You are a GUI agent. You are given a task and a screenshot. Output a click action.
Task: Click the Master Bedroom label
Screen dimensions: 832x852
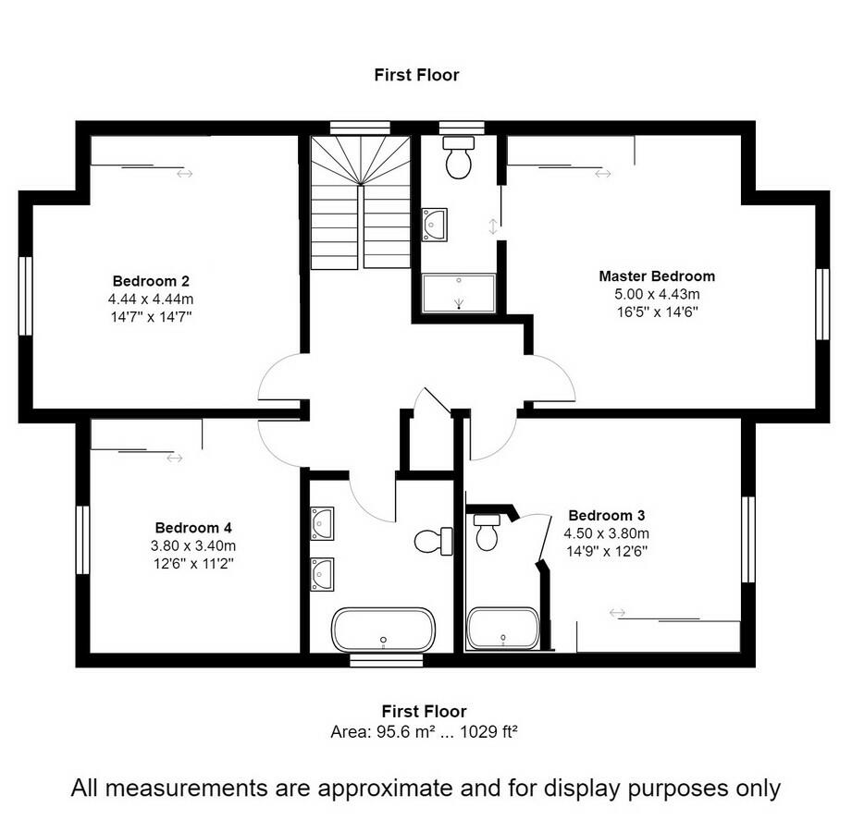pyautogui.click(x=656, y=275)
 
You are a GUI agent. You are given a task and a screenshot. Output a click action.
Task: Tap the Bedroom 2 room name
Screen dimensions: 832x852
pyautogui.click(x=151, y=280)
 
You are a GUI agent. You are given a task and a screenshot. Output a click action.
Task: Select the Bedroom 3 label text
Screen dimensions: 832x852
pyautogui.click(x=606, y=515)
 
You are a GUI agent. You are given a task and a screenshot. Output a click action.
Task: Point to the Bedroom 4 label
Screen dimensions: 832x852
pyautogui.click(x=193, y=527)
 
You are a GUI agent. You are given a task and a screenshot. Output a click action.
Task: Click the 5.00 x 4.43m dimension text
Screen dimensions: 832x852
pyautogui.click(x=656, y=294)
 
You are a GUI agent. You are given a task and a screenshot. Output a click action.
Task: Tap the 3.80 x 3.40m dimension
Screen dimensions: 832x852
pyautogui.click(x=193, y=544)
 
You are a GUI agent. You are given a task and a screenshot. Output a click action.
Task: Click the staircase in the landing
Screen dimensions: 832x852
pyautogui.click(x=360, y=203)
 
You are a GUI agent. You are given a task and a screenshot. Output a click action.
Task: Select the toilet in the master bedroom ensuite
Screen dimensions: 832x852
pyautogui.click(x=458, y=158)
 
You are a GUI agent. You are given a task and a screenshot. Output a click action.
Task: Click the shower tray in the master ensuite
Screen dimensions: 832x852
pyautogui.click(x=459, y=293)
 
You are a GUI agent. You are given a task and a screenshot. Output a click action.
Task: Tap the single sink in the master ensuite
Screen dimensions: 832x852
pyautogui.click(x=434, y=224)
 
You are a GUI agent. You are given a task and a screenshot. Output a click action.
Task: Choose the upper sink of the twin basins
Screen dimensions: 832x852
pyautogui.click(x=322, y=522)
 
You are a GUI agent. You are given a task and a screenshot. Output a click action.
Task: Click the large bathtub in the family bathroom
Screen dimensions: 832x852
pyautogui.click(x=383, y=630)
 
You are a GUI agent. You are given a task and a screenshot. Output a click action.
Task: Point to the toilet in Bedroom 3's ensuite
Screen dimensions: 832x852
pyautogui.click(x=487, y=532)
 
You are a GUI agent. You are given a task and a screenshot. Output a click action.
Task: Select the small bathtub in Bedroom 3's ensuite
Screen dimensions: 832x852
pyautogui.click(x=502, y=628)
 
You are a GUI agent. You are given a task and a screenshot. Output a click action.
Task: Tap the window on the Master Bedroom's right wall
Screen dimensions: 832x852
pyautogui.click(x=821, y=304)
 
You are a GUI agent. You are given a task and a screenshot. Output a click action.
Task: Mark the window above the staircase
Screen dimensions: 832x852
pyautogui.click(x=360, y=128)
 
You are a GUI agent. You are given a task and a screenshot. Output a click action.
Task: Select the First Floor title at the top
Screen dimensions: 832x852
pyautogui.click(x=416, y=75)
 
